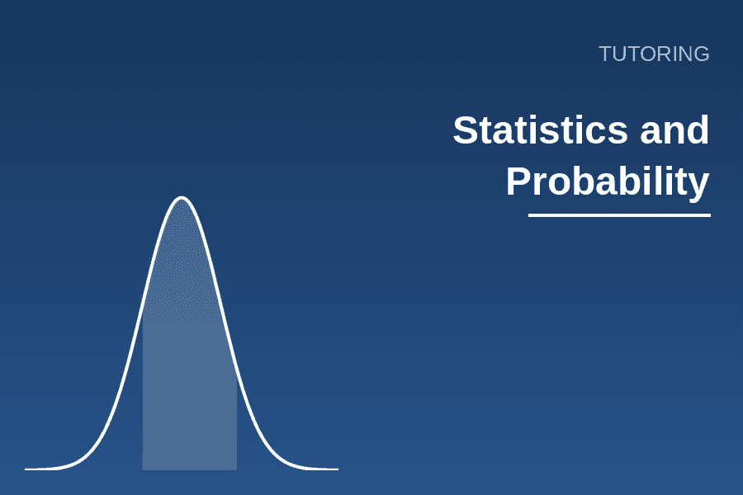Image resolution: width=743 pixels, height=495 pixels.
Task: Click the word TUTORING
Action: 654,54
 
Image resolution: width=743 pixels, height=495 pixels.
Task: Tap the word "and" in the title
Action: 674,130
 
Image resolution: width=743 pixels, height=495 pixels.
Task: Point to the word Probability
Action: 608,181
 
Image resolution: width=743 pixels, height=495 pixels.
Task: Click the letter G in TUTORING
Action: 701,54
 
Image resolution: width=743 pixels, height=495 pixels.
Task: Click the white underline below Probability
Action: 619,215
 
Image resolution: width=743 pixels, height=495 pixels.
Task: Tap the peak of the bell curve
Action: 182,197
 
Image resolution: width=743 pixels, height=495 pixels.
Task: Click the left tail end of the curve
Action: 26,469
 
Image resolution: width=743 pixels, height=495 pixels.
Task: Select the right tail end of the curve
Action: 338,469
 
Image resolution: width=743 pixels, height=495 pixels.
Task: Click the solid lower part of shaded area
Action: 190,394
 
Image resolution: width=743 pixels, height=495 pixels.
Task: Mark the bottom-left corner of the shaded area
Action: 143,470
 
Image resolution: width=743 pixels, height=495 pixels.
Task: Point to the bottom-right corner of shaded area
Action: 237,470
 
